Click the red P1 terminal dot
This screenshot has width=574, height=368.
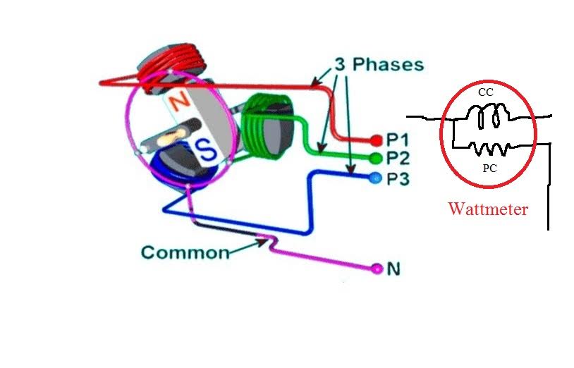[x=375, y=140]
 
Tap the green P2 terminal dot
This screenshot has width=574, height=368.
[x=374, y=157]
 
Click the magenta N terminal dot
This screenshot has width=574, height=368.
[x=377, y=268]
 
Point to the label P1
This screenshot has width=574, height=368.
[x=398, y=140]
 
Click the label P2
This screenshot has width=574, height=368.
[x=398, y=158]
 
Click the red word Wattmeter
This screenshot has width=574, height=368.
[x=488, y=209]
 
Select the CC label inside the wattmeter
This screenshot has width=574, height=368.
[x=485, y=92]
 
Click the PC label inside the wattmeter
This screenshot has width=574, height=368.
[x=490, y=169]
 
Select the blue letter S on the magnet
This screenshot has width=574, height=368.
[x=204, y=149]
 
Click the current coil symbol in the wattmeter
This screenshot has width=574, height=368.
[x=489, y=116]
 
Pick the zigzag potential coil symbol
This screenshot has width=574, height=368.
[x=488, y=149]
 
